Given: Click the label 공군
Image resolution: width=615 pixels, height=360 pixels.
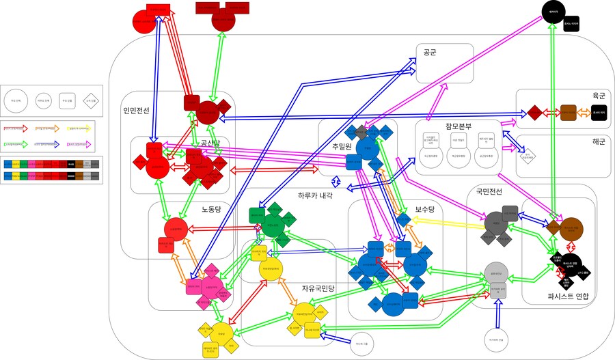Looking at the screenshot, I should tap(430, 52).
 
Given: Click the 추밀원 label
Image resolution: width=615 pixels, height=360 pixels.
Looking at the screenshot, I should tap(342, 147).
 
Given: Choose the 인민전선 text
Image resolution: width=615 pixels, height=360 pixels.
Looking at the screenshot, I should tap(136, 111).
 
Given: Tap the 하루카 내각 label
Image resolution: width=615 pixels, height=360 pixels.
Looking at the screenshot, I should tap(315, 195).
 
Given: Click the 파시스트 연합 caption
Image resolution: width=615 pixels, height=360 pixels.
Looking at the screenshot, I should tap(567, 296).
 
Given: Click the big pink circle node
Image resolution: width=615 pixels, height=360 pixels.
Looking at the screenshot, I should tap(211, 287).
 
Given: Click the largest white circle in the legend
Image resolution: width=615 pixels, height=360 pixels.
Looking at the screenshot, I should tap(16, 101).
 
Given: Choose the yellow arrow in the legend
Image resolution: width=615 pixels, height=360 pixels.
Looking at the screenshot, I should tap(83, 127).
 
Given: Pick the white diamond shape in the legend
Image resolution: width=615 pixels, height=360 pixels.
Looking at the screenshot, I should tap(90, 101).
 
